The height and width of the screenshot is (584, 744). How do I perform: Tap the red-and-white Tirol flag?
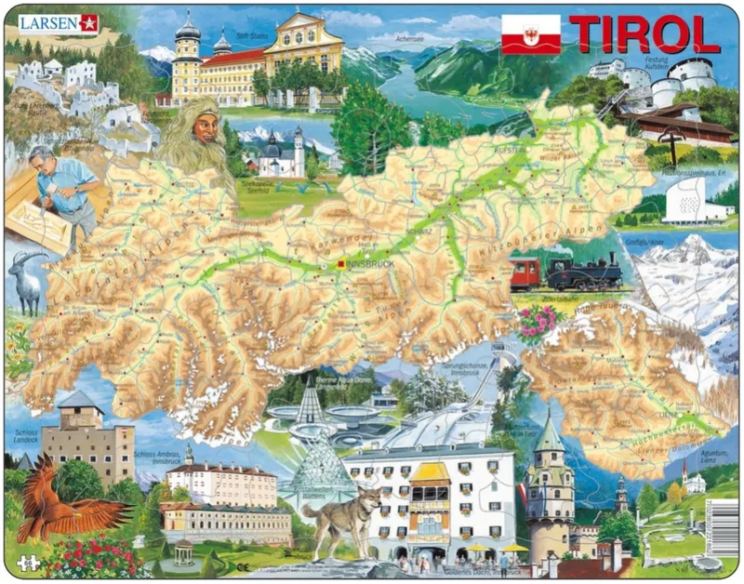[530, 33]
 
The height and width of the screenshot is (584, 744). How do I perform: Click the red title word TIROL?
[644, 34]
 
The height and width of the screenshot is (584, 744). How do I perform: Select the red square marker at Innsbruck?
[341, 264]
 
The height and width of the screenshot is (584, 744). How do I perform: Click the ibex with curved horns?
[28, 279]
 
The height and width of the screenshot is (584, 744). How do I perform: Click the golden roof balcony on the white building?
[430, 484]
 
